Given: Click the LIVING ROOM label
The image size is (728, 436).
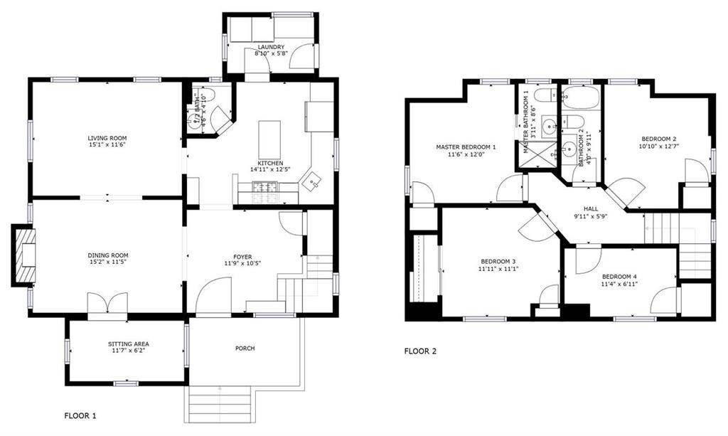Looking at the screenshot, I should [107, 138].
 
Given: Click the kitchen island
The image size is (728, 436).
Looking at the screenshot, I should [269, 139].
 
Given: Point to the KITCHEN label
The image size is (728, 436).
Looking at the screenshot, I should [267, 162].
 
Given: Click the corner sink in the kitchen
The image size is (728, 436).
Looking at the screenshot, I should [311, 182].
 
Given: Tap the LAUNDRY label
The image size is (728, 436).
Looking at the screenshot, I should [270, 47].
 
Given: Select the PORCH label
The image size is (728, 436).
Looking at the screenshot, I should [245, 348].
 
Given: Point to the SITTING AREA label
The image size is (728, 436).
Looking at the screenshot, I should [129, 344].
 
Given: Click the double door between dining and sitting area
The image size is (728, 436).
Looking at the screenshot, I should [107, 303].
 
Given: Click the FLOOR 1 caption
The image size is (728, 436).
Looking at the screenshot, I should [80, 415].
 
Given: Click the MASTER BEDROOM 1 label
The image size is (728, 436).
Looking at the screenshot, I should [466, 147].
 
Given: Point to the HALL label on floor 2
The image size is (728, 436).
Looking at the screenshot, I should [590, 209].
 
